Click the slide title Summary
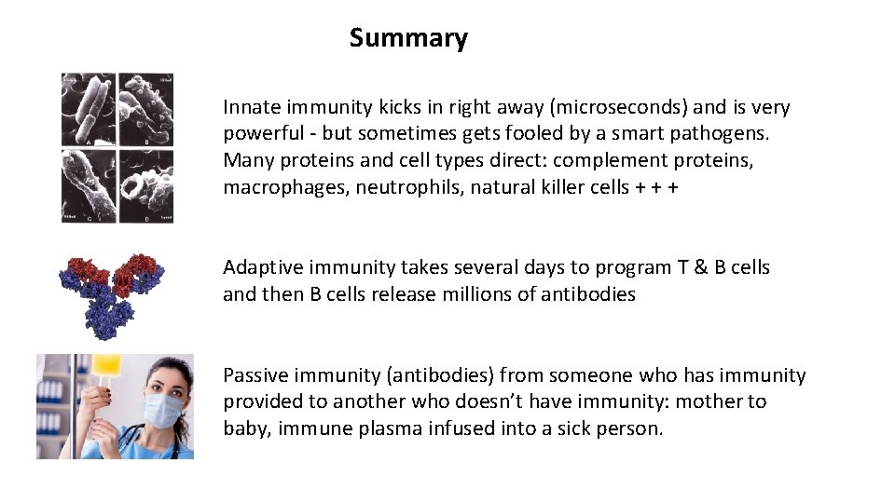click(408, 38)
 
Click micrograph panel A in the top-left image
click(89, 109)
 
